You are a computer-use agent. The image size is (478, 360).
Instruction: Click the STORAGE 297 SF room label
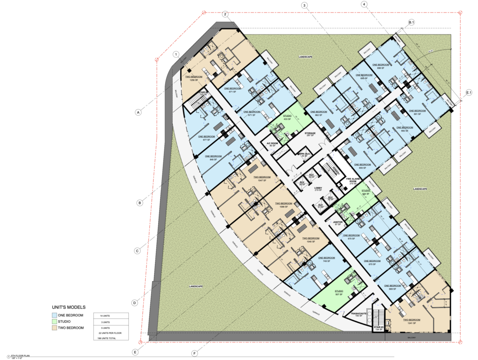[310, 135]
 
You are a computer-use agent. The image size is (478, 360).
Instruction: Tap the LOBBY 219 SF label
[318, 189]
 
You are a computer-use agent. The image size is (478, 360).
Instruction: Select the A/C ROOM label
[272, 145]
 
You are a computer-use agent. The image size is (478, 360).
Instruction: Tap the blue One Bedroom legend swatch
[55, 316]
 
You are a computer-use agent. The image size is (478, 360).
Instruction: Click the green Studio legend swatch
[55, 322]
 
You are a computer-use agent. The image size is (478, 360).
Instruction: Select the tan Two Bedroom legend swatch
[55, 328]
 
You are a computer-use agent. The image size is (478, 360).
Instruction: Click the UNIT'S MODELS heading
[69, 308]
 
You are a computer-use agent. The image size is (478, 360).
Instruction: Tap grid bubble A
[138, 112]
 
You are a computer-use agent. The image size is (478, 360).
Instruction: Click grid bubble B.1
[411, 22]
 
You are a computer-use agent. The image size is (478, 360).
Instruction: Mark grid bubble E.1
[469, 93]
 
